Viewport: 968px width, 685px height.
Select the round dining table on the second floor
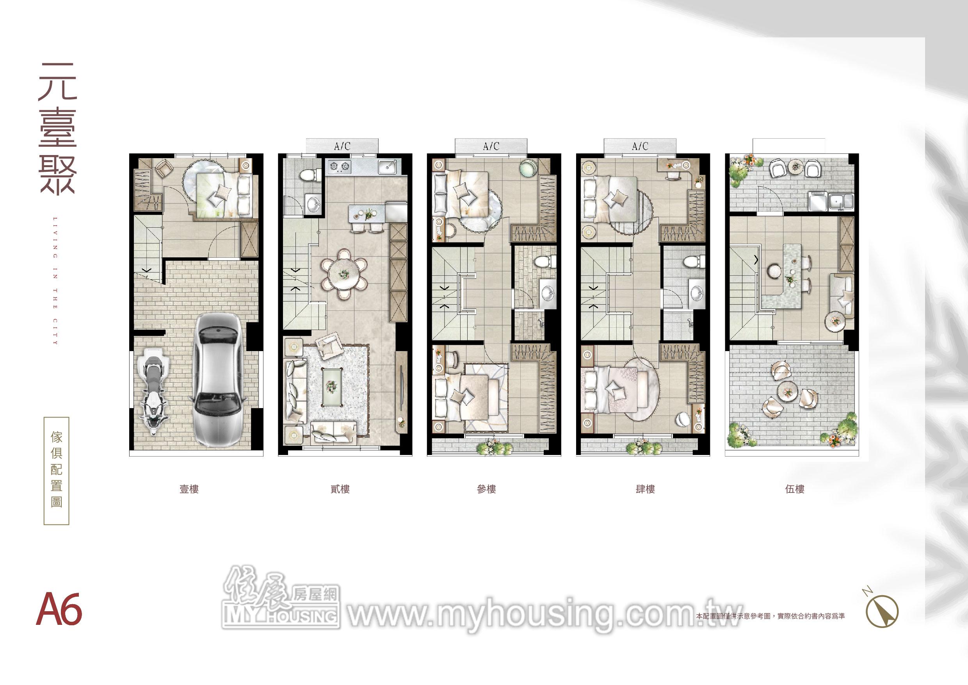343,274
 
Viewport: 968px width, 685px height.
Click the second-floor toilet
304,176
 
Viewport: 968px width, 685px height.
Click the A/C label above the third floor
491,146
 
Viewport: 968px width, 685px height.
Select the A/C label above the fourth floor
640,146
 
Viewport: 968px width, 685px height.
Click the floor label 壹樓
189,489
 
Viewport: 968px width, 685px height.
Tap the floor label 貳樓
340,489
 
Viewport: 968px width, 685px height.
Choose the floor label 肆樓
645,489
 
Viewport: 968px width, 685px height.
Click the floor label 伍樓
795,489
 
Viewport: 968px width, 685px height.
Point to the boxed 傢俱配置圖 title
57,471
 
